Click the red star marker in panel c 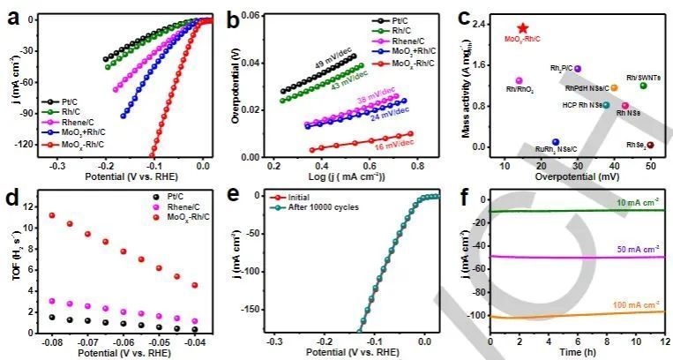tap(523, 28)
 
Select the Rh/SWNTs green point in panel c tap(643, 86)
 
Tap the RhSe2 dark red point tap(650, 145)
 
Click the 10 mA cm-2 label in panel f tap(633, 202)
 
